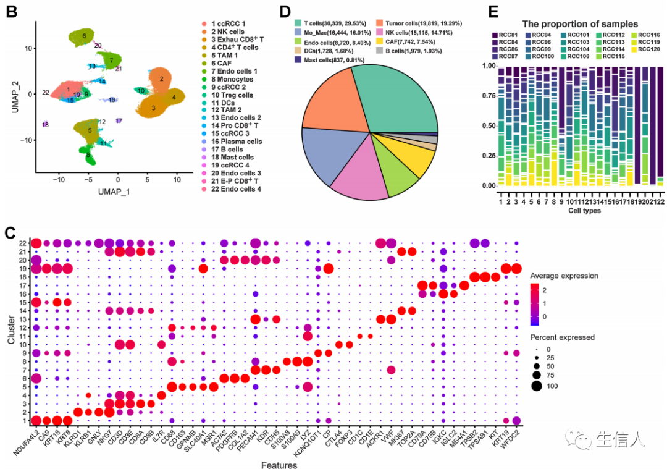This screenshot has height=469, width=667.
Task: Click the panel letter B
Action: pyautogui.click(x=10, y=11)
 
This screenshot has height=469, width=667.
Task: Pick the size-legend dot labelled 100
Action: pyautogui.click(x=535, y=387)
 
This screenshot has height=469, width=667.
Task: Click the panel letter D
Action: pyautogui.click(x=302, y=11)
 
